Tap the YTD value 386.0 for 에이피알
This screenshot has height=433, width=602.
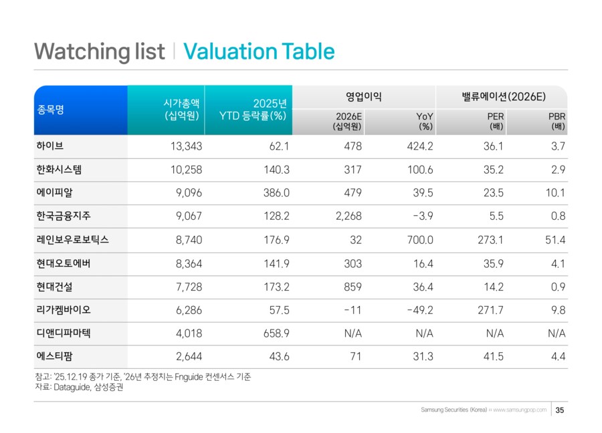click(x=276, y=193)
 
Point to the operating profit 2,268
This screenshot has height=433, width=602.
click(x=348, y=216)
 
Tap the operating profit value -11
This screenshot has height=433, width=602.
click(x=353, y=310)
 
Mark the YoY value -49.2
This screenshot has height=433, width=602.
click(x=419, y=310)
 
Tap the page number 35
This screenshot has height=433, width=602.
click(x=560, y=410)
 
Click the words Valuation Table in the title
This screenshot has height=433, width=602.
click(x=258, y=51)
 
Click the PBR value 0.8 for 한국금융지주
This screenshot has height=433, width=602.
click(x=558, y=216)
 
